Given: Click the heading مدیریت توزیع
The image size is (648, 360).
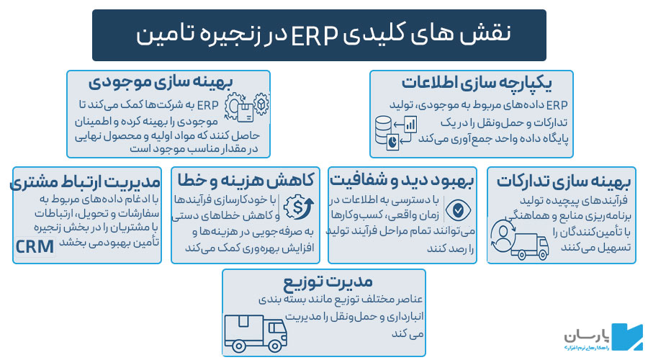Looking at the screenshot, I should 323,280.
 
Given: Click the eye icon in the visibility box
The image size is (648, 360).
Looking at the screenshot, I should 457,210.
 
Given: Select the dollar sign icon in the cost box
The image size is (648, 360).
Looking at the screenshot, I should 297,207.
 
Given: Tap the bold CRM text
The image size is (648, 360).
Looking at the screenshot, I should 35,247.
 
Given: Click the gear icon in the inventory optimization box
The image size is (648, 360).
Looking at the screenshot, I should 262,104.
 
